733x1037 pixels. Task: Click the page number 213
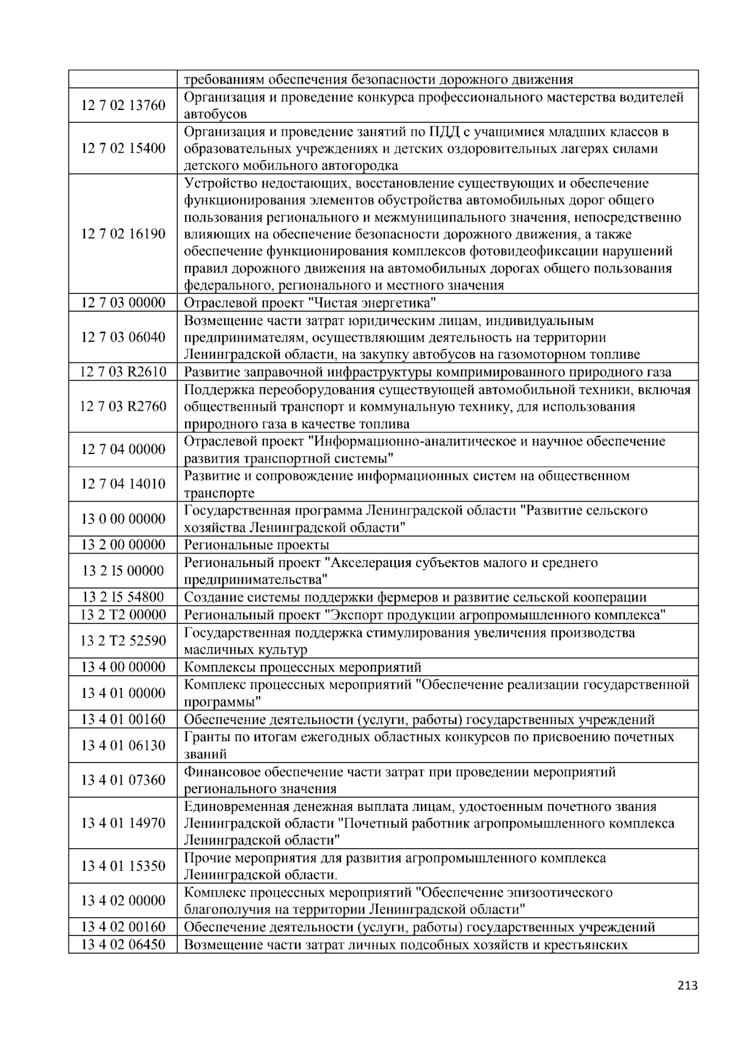(x=687, y=985)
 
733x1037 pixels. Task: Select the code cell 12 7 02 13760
(x=123, y=106)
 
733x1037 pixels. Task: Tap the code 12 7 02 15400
(x=123, y=148)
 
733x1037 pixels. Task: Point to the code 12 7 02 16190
(x=123, y=234)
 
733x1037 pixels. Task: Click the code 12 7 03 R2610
(x=123, y=372)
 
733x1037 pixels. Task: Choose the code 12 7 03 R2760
(x=123, y=407)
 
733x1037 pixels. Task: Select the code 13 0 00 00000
(x=123, y=519)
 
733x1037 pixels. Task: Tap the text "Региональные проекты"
(x=257, y=545)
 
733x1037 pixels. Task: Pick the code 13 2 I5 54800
(x=123, y=597)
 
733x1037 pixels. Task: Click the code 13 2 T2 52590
(x=123, y=640)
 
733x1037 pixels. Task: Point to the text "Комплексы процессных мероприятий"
(x=302, y=667)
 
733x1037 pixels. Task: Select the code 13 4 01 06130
(x=123, y=746)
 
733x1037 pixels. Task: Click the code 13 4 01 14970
(x=123, y=823)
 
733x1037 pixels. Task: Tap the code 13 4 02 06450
(x=123, y=945)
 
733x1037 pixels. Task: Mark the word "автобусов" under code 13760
(x=215, y=114)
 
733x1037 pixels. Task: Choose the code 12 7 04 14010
(x=123, y=484)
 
